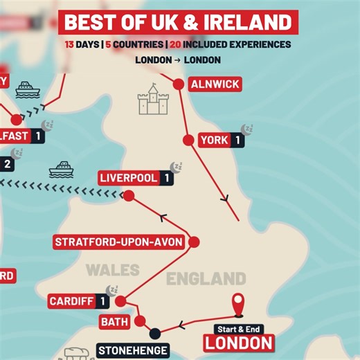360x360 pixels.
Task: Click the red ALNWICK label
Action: tap(215, 84)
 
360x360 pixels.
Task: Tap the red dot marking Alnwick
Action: tap(178, 84)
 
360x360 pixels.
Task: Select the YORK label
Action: tap(214, 140)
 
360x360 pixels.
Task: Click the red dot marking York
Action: tap(188, 140)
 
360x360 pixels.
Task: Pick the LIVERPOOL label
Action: tap(129, 178)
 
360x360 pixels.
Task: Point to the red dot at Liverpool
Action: tap(128, 196)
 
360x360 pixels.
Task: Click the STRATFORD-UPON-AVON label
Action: tap(119, 242)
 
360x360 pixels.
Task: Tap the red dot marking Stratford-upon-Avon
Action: tap(194, 242)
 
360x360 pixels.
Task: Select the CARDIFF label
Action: tap(71, 301)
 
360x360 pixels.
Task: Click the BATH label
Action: tap(115, 322)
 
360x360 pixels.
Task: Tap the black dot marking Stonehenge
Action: tap(155, 332)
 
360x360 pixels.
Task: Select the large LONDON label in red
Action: tap(239, 342)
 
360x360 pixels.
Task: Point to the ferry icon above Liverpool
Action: tap(62, 168)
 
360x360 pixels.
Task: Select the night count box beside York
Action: tap(238, 140)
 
